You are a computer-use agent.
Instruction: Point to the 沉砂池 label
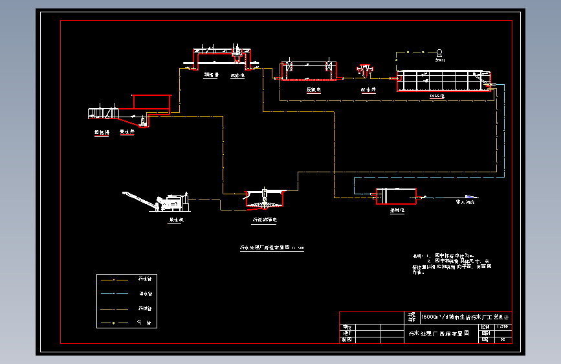point(236,75)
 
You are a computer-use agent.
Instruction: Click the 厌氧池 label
point(314,89)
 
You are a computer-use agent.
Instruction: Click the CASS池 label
point(437,96)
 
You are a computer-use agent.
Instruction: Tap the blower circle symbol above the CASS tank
point(439,52)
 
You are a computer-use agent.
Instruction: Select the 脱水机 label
point(177,220)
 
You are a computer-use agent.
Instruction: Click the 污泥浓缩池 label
point(265,220)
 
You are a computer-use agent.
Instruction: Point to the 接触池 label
point(397,210)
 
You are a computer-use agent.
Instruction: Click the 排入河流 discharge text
point(466,202)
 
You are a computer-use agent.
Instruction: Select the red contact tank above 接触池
point(396,196)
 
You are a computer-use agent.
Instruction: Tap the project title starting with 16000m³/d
point(465,317)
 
